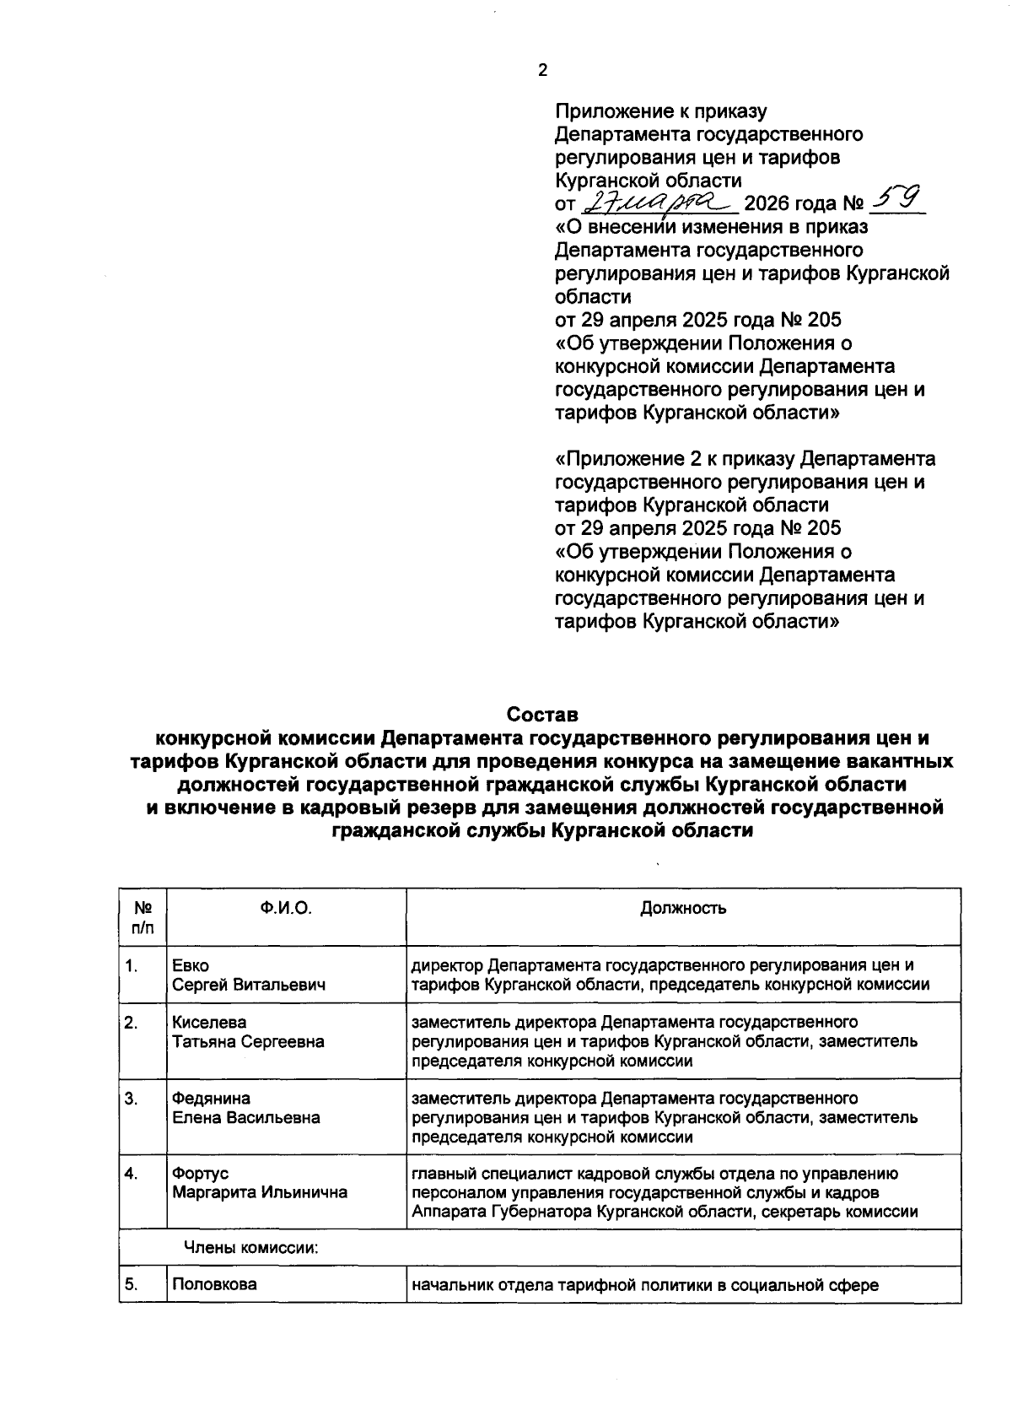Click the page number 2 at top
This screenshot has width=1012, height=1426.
[x=542, y=71]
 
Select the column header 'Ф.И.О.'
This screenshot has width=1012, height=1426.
[x=286, y=908]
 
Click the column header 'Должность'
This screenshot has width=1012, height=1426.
[x=683, y=908]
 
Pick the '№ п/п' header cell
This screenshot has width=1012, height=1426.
[x=143, y=917]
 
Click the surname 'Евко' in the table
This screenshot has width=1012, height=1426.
[x=191, y=965]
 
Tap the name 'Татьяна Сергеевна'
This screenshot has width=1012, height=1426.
[x=248, y=1041]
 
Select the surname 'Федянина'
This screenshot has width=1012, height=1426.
[x=211, y=1098]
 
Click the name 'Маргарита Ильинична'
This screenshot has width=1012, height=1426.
[x=260, y=1192]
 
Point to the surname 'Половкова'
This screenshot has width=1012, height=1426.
[x=214, y=1285]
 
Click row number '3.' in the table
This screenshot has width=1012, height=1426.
[x=131, y=1098]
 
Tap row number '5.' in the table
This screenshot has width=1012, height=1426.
[x=131, y=1285]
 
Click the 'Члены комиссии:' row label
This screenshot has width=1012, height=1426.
[x=251, y=1248]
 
